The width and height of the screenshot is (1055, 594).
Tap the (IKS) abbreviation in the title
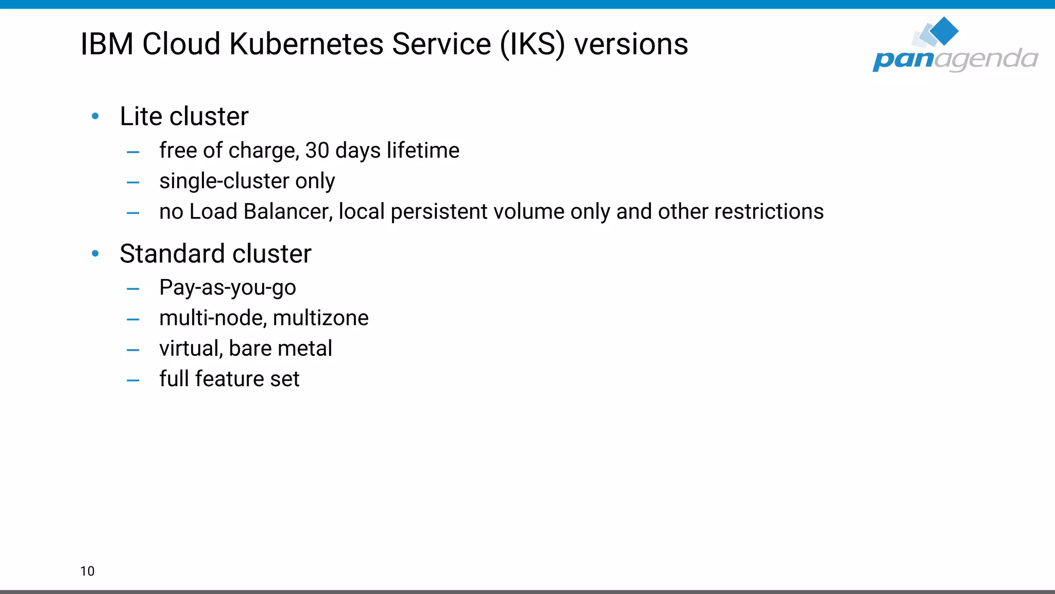click(532, 44)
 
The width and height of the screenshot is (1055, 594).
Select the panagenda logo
click(955, 45)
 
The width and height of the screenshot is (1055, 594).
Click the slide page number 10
click(88, 571)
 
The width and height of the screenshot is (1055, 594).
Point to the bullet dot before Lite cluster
click(95, 117)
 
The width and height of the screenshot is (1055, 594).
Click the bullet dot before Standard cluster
click(95, 254)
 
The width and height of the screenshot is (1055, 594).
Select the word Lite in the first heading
click(141, 117)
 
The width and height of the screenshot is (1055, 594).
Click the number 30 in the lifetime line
click(317, 151)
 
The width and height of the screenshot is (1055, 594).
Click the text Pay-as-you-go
click(228, 288)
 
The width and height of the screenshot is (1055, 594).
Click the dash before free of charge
click(133, 152)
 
